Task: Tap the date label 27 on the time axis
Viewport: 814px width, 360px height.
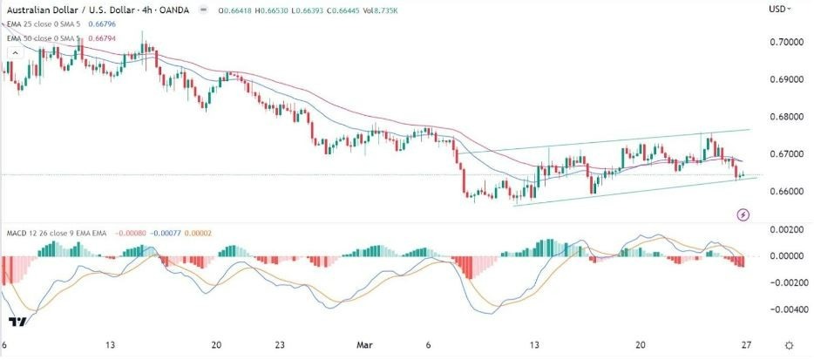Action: point(745,344)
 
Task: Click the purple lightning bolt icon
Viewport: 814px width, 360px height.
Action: point(743,214)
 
